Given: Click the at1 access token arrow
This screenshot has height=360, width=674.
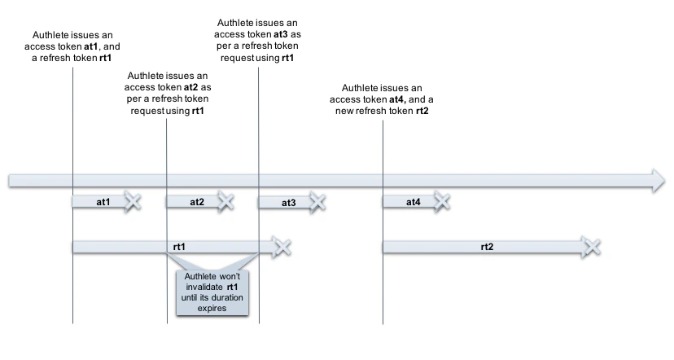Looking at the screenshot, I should click(101, 201).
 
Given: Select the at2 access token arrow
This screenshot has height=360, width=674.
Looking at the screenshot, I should click(194, 201).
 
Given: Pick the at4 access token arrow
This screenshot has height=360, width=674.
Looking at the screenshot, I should click(411, 201).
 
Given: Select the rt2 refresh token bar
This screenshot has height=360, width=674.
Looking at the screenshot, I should click(485, 246).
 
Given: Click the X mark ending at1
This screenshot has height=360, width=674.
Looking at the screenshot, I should click(133, 201).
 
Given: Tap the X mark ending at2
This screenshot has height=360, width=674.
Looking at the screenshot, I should click(225, 201).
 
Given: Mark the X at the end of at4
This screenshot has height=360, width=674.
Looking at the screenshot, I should click(442, 201).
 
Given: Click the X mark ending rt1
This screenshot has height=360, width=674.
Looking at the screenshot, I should click(282, 246).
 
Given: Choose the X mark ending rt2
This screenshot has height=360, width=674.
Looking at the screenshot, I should click(592, 246).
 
